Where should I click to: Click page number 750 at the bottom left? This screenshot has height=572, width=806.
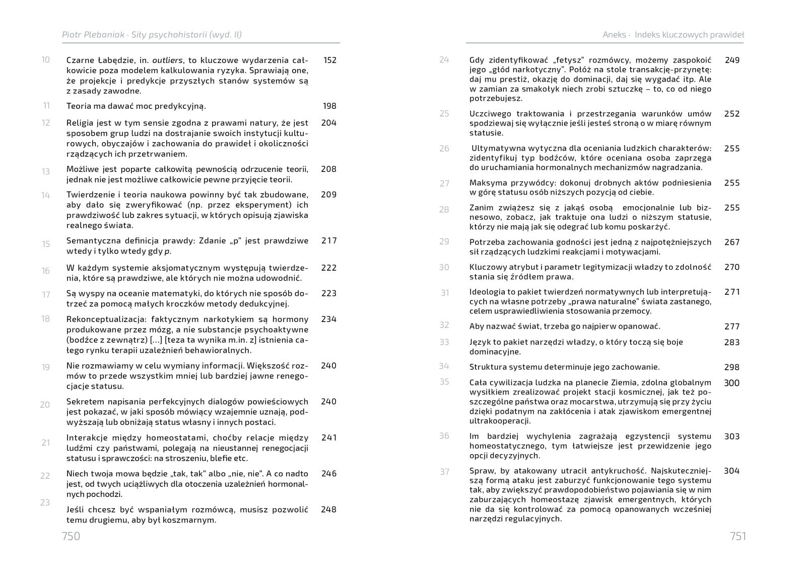pos(71,536)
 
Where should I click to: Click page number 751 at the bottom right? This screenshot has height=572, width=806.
pos(737,536)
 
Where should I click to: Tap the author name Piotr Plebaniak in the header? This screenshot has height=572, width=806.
pos(93,35)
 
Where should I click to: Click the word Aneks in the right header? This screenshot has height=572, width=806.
pos(614,35)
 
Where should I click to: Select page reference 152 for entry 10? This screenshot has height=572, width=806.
pos(330,60)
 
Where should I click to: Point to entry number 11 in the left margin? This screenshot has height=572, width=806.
pos(46,105)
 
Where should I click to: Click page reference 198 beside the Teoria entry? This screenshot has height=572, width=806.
pos(329,106)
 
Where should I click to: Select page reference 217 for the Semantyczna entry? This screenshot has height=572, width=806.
pos(329,240)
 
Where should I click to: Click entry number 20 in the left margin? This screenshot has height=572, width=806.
pos(45,404)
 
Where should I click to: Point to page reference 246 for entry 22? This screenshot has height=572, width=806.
pos(328,473)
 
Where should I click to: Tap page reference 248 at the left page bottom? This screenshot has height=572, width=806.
pos(328,510)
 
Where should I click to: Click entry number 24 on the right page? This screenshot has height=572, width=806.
pos(444,59)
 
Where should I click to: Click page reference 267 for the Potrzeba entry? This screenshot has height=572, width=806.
pos(732,242)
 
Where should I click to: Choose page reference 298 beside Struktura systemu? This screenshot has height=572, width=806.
pos(732,367)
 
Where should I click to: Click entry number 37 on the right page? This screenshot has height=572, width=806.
pos(444,472)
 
